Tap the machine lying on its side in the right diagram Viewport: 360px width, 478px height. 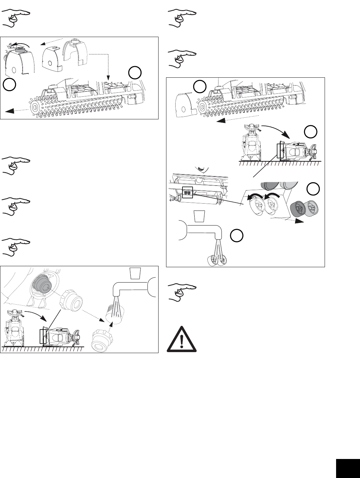(295, 151)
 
